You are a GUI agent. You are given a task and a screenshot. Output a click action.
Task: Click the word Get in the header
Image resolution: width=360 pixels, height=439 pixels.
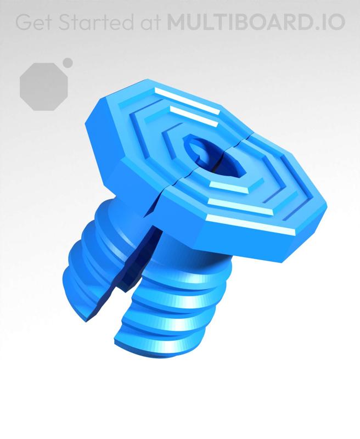pyautogui.click(x=33, y=22)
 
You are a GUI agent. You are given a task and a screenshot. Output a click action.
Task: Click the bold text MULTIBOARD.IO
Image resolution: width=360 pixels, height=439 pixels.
pyautogui.click(x=256, y=22)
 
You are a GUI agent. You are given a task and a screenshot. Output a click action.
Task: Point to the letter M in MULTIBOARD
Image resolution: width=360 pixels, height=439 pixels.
pyautogui.click(x=177, y=22)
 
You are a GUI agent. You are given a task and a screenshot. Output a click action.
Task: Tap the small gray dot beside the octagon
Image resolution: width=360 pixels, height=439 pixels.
pyautogui.click(x=67, y=63)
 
